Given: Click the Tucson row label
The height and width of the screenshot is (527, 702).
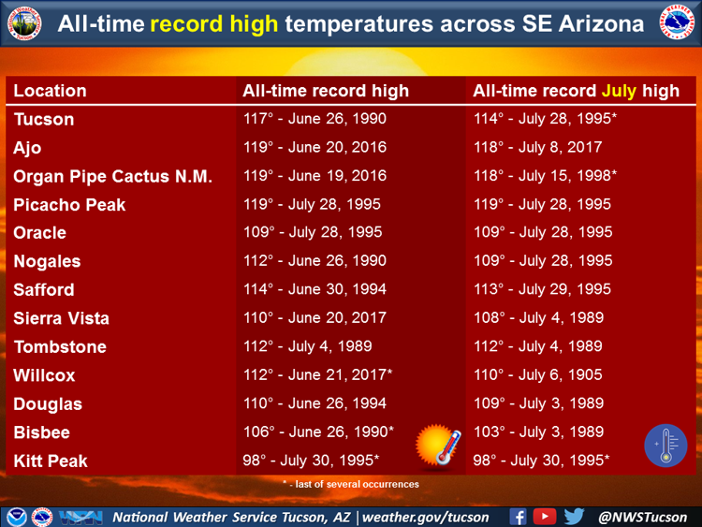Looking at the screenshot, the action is (44, 120).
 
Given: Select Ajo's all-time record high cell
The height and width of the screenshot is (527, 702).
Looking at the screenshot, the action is (314, 147).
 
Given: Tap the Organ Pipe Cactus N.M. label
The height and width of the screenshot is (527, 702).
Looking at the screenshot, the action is (113, 176).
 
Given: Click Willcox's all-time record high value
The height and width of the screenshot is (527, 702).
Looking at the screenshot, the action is (318, 374).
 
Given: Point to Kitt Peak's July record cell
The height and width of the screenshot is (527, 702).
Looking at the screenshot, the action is (541, 461).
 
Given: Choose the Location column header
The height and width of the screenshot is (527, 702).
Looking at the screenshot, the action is (50, 91).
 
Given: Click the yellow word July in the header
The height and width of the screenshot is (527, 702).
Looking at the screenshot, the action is (619, 91).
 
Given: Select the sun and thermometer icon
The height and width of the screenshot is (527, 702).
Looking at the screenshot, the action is (438, 445).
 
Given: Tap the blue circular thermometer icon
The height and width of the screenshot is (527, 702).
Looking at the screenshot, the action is (665, 445).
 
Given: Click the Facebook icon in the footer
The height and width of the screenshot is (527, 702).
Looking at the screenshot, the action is (518, 517).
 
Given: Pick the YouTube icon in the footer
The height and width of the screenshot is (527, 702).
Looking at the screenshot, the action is (545, 517).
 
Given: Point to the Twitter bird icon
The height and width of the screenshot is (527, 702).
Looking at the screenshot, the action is (574, 517).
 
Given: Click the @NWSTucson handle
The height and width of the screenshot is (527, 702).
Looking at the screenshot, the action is (642, 517).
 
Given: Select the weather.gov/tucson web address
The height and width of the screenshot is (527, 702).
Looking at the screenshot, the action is (425, 517).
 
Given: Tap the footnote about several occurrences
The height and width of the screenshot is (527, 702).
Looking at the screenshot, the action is (351, 484).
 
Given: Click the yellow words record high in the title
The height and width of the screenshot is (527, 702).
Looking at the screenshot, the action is (214, 23).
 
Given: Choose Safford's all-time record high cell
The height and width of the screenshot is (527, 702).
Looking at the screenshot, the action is (314, 289).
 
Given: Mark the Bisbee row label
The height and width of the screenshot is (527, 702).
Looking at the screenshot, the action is (41, 432).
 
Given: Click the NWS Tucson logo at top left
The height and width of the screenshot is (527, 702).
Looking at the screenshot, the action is (24, 23).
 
